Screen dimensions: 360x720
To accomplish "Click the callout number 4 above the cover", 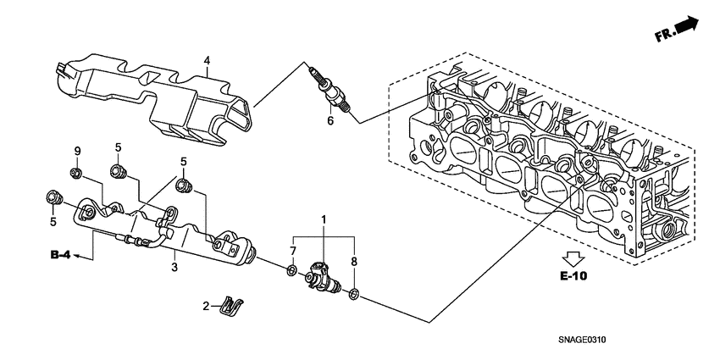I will (206, 59).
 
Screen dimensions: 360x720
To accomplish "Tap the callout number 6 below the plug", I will (330, 121).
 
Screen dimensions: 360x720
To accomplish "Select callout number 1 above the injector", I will (322, 220).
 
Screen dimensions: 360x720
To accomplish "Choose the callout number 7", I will (292, 251).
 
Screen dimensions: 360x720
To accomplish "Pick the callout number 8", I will (353, 262).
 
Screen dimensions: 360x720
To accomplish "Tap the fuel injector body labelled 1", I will (323, 276).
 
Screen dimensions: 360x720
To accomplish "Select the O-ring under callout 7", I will (291, 271).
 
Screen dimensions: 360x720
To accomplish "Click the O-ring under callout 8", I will (354, 294).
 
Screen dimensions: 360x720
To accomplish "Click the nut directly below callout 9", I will (76, 174).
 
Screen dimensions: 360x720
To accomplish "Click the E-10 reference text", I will (573, 276).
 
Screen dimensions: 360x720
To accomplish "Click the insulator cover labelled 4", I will (152, 97).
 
